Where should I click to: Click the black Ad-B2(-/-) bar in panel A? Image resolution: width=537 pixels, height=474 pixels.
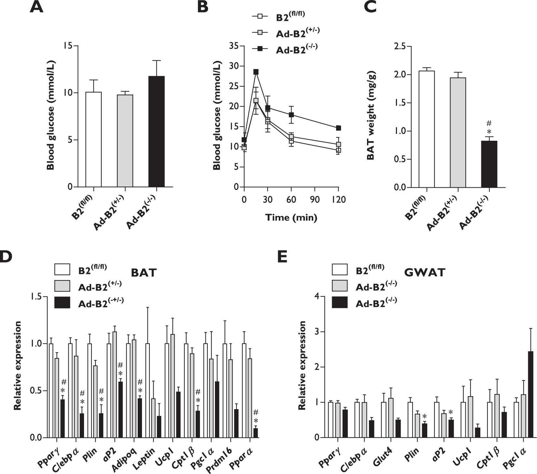tap(156, 132)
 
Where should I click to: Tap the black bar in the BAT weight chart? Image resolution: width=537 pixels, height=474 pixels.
tap(489, 164)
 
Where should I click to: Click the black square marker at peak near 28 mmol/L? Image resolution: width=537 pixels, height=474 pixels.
tap(256, 72)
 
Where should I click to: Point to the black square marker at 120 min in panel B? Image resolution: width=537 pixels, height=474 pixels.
tap(338, 128)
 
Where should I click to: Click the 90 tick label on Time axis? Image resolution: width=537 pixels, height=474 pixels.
tap(315, 199)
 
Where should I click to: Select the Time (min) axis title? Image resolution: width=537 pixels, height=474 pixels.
tap(291, 217)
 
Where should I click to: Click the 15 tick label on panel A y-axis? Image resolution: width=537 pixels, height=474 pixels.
tap(67, 46)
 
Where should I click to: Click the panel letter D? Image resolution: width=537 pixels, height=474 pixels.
tap(6, 257)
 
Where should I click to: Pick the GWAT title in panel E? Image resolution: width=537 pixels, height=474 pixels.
tap(425, 272)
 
